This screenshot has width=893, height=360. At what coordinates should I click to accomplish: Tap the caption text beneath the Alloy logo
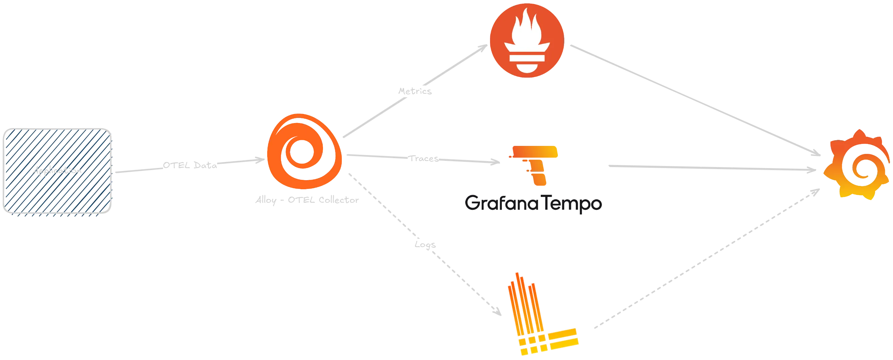[305, 201]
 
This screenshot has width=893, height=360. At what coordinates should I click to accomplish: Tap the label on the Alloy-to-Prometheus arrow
[415, 91]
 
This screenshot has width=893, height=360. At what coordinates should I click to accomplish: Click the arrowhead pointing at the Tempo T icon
[495, 161]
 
